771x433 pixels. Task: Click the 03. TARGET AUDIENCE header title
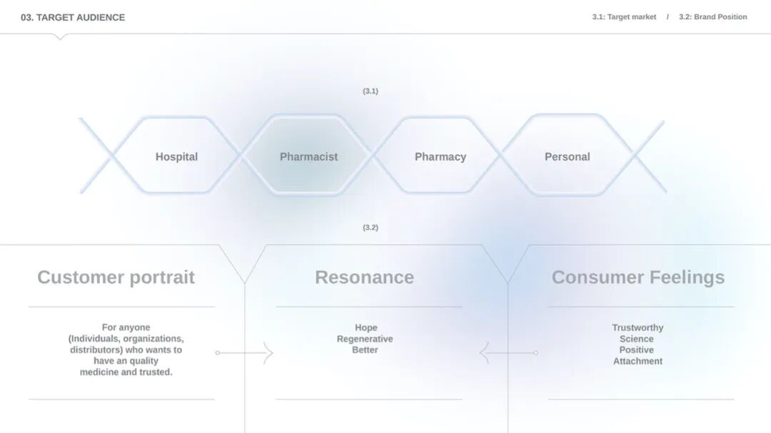point(73,17)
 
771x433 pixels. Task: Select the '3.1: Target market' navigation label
point(624,16)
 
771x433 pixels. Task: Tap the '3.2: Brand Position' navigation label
point(712,16)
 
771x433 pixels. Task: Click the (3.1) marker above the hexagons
point(371,91)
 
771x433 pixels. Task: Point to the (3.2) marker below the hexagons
point(371,228)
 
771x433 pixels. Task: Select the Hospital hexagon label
point(176,156)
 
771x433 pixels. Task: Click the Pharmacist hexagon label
point(308,156)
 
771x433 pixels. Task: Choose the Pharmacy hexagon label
point(440,156)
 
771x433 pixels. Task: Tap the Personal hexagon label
point(567,156)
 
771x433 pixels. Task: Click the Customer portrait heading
point(116,277)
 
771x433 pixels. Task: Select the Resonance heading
point(364,277)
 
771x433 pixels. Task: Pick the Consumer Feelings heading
point(638,277)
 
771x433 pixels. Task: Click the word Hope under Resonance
point(366,328)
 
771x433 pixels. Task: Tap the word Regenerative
point(365,339)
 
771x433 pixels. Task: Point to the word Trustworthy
point(638,328)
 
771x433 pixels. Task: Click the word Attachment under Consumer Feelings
point(638,362)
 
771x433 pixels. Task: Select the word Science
point(637,339)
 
